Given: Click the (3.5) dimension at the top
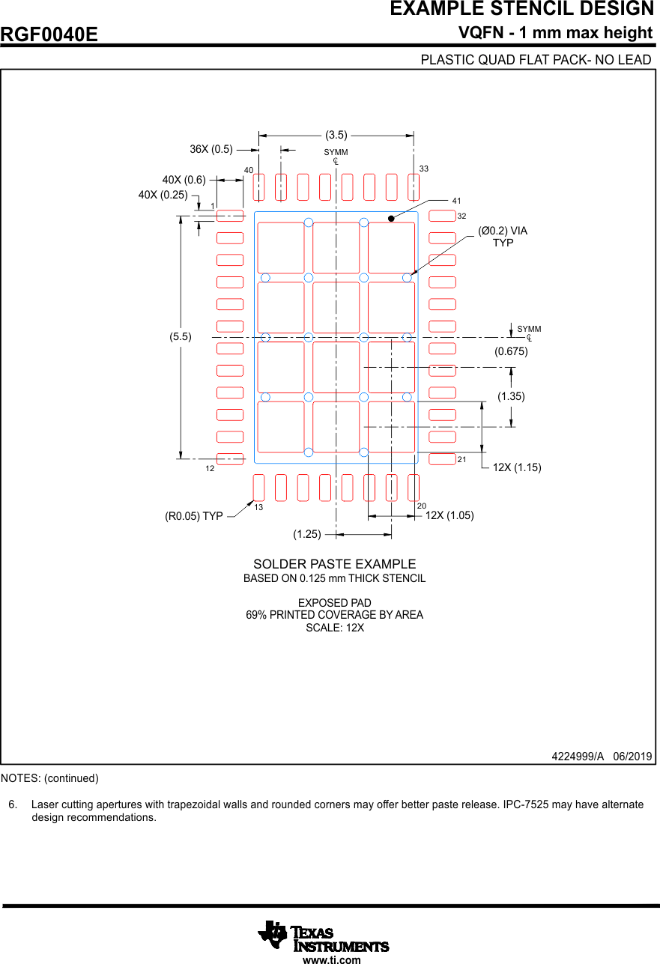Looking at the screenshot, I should (x=336, y=136).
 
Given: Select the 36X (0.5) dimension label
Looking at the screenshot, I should (x=211, y=149).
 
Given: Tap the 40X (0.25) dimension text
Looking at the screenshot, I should (x=163, y=195).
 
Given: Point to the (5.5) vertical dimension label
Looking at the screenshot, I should (x=180, y=337).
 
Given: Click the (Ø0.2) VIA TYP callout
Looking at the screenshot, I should (x=503, y=237).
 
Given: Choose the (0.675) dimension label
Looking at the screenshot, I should (x=511, y=351).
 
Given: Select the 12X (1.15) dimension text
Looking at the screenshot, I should (x=516, y=467).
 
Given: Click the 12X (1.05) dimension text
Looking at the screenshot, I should (x=449, y=515).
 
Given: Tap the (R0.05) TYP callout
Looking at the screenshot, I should (x=194, y=516).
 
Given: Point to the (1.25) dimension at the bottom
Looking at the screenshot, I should (x=307, y=534).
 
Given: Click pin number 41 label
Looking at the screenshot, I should (x=457, y=201).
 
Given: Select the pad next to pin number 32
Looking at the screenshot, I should (x=442, y=216).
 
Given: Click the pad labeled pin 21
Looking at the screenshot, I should (x=442, y=458).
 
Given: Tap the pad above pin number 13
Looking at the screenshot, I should (x=259, y=488).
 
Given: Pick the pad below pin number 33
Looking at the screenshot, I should (x=414, y=187).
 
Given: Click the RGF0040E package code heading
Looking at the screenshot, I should (x=49, y=35).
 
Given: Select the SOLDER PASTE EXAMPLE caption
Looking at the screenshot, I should (x=334, y=564).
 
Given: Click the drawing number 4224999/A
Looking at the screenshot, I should (x=577, y=757).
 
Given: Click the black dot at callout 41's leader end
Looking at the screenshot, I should (x=391, y=218).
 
